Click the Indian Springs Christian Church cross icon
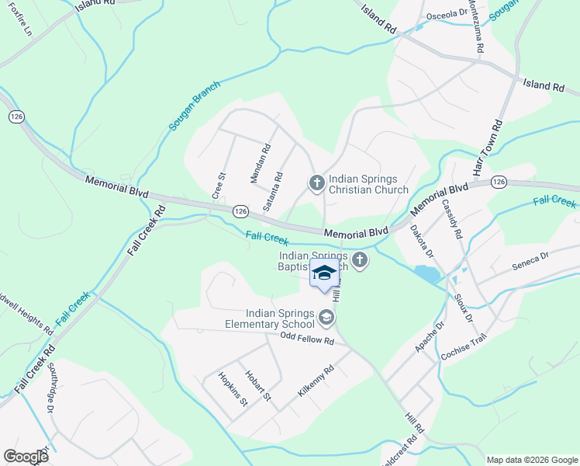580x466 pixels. click(x=316, y=183)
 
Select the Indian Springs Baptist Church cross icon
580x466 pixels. click(x=359, y=260)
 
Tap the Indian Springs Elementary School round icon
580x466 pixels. click(x=326, y=316)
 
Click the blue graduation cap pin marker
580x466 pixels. click(x=324, y=273)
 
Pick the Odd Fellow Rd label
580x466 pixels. click(x=307, y=340)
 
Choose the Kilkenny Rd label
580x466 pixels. click(x=315, y=381)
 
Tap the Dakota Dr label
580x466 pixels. click(x=421, y=241)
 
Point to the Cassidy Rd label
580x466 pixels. click(x=451, y=219)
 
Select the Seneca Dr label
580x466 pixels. click(x=530, y=261)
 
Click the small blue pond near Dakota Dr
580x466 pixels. click(x=426, y=274)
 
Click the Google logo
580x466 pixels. click(x=26, y=457)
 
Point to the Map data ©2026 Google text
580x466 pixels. click(x=531, y=460)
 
